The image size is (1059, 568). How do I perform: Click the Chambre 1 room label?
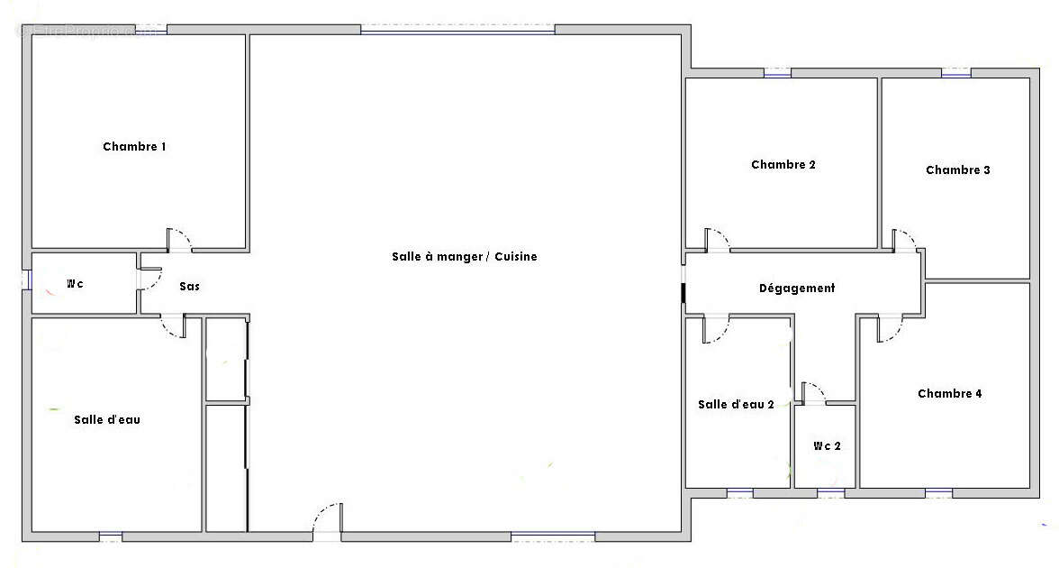pyautogui.click(x=134, y=147)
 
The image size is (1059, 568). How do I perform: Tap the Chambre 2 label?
pyautogui.click(x=783, y=165)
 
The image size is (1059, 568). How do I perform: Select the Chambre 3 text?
pyautogui.click(x=958, y=170)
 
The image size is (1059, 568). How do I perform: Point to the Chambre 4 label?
pyautogui.click(x=950, y=394)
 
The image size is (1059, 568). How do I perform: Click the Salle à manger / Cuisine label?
pyautogui.click(x=464, y=257)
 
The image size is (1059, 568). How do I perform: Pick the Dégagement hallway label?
pyautogui.click(x=797, y=289)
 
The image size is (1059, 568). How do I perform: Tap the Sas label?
pyautogui.click(x=189, y=287)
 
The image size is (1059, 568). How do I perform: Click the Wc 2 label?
pyautogui.click(x=827, y=446)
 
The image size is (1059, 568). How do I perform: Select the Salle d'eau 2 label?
pyautogui.click(x=736, y=405)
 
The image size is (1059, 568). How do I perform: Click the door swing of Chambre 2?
pyautogui.click(x=717, y=241)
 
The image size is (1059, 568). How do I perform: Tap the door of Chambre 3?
pyautogui.click(x=904, y=241)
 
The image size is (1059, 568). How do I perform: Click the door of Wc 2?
pyautogui.click(x=813, y=393)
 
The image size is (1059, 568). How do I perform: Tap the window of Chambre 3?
pyautogui.click(x=955, y=73)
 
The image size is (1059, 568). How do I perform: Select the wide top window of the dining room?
pyautogui.click(x=457, y=30)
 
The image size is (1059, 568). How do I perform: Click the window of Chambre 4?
pyautogui.click(x=938, y=492)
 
